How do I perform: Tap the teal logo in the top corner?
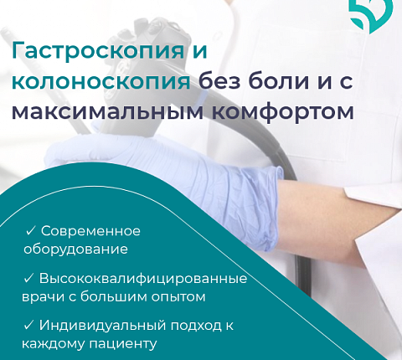tap(371, 13)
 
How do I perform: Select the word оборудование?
tap(76, 249)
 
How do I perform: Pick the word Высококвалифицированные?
tap(142, 278)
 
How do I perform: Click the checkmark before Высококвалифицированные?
tap(30, 278)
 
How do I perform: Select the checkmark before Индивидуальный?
tap(30, 325)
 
